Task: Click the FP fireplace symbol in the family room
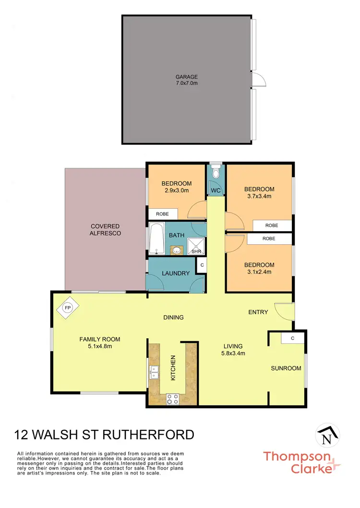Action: click(67, 308)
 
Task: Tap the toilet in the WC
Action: click(216, 171)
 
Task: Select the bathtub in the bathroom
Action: click(156, 238)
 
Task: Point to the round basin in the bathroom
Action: click(176, 250)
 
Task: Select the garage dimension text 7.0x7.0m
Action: click(186, 83)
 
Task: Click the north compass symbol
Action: click(327, 437)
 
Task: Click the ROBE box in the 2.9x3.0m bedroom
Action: click(163, 214)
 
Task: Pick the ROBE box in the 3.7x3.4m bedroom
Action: click(272, 225)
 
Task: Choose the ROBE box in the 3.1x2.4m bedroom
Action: click(269, 238)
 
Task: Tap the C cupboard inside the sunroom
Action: click(292, 338)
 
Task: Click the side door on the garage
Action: click(259, 80)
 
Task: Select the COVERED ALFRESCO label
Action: click(105, 230)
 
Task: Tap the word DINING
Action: click(173, 318)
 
